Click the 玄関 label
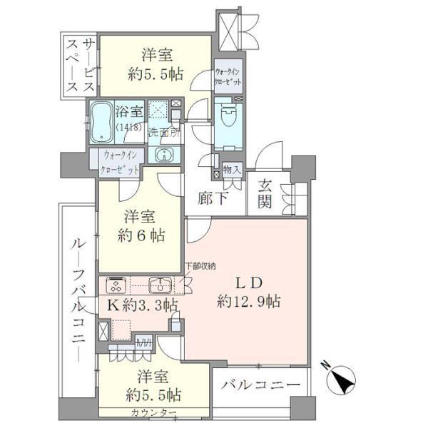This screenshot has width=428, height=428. pos(265,193)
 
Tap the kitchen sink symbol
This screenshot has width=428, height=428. pos(161,286)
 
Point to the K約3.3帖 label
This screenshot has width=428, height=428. pos(142,306)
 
